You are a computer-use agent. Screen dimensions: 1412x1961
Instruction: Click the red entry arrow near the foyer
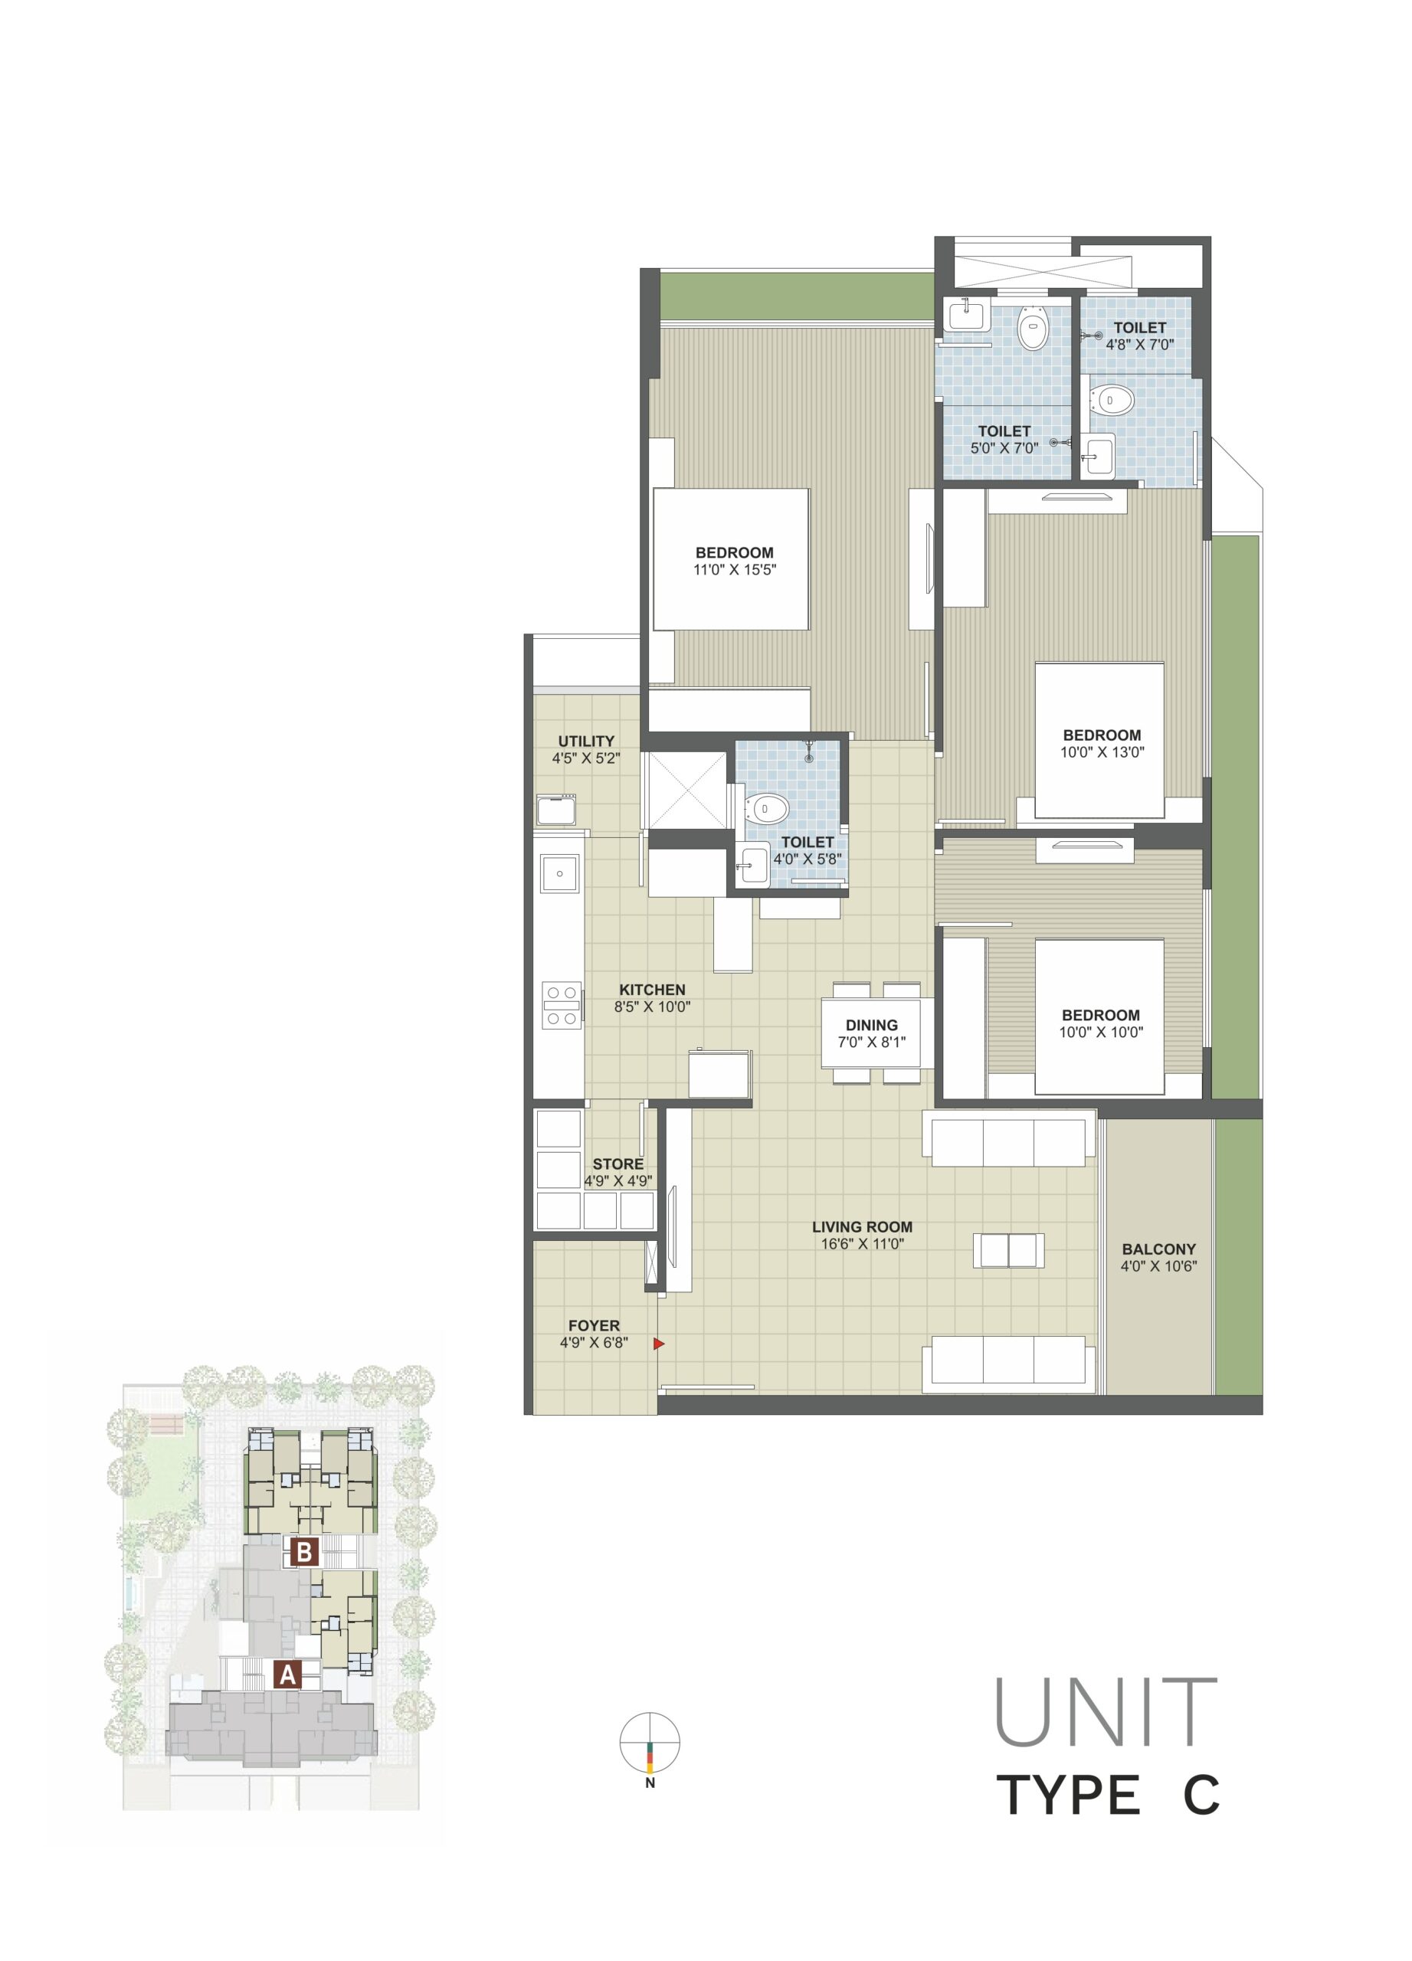pyautogui.click(x=659, y=1343)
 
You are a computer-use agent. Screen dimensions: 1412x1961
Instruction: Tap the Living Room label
pyautogui.click(x=861, y=1226)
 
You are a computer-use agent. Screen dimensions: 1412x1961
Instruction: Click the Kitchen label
pyautogui.click(x=652, y=989)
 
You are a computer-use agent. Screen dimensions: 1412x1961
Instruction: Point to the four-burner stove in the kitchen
pyautogui.click(x=560, y=1005)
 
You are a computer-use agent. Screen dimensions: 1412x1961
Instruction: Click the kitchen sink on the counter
pyautogui.click(x=560, y=873)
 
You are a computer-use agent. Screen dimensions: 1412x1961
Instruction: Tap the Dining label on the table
pyautogui.click(x=872, y=1026)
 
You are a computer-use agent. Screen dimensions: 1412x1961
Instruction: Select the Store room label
pyautogui.click(x=618, y=1164)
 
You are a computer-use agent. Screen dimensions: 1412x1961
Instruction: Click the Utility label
pyautogui.click(x=586, y=741)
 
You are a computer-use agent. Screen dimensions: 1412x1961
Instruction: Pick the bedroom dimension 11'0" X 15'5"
pyautogui.click(x=734, y=570)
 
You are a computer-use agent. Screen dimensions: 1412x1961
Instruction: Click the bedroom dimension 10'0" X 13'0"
pyautogui.click(x=1102, y=752)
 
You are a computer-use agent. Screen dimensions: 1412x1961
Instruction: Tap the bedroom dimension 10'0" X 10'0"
pyautogui.click(x=1101, y=1032)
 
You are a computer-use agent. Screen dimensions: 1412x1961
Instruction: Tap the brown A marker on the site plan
pyautogui.click(x=287, y=1675)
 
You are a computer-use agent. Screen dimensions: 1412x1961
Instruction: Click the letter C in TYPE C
pyautogui.click(x=1201, y=1794)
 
